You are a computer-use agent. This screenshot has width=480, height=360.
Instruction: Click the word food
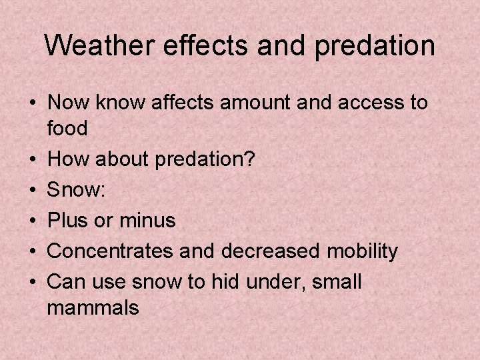point(68,128)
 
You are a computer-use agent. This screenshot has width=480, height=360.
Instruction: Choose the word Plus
point(69,221)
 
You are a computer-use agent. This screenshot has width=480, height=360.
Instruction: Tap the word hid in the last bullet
point(226,282)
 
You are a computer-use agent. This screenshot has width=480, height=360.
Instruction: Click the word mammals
point(93,308)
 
